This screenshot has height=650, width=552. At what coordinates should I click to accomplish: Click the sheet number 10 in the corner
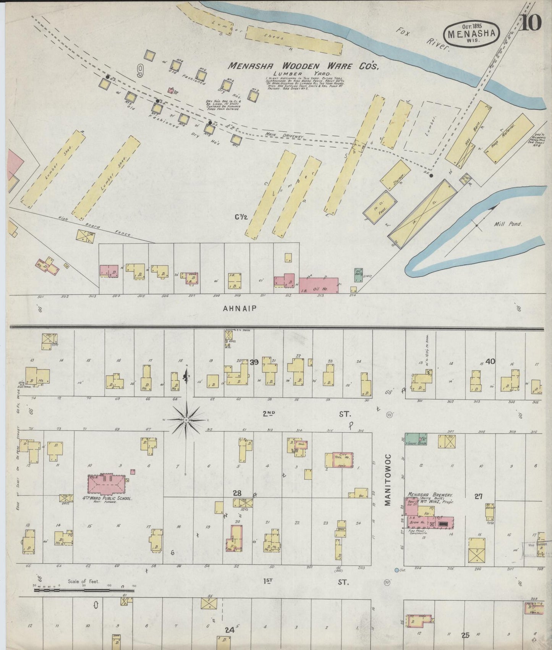coord(531,24)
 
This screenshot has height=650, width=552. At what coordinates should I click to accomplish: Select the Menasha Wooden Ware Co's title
coord(303,66)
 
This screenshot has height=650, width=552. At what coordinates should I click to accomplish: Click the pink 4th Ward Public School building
coord(107,484)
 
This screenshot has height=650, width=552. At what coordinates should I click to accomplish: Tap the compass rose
coord(186,420)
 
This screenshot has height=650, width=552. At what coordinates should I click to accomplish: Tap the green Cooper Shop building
coord(416,440)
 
